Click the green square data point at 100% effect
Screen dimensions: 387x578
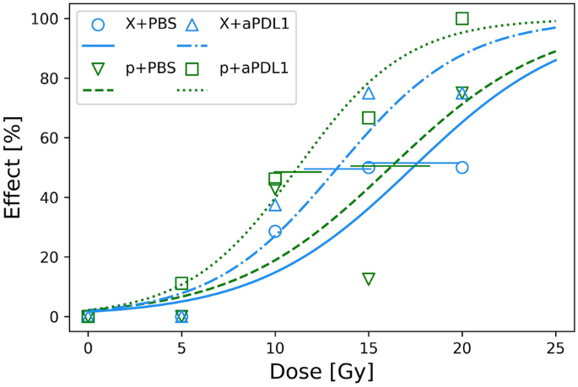click(x=462, y=19)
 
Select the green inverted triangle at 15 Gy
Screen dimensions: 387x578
click(x=369, y=279)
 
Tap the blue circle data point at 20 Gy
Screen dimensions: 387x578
click(x=462, y=167)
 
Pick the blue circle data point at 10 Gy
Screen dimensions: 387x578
click(x=275, y=231)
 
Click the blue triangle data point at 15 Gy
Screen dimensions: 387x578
click(x=369, y=93)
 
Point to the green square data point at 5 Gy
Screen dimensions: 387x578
click(x=181, y=283)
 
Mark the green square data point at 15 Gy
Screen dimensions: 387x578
click(x=369, y=117)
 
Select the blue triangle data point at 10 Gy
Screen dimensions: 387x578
click(x=275, y=205)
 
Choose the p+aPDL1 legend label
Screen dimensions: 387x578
click(x=251, y=67)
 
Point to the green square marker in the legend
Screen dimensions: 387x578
click(x=191, y=67)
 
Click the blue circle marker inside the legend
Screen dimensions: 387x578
click(x=98, y=24)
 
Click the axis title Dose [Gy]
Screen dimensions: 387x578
click(x=321, y=369)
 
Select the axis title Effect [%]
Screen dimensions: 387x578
click(x=14, y=168)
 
